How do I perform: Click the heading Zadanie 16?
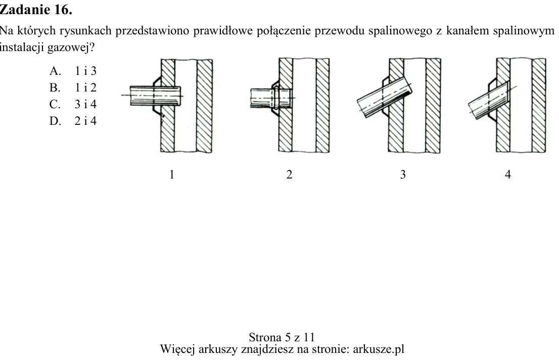click(x=36, y=9)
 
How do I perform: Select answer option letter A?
click(x=55, y=71)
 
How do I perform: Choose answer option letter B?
click(x=55, y=88)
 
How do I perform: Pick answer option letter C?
click(x=55, y=104)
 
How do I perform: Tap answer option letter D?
click(x=55, y=121)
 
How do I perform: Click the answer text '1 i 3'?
click(x=85, y=71)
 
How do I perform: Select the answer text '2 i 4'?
click(x=85, y=121)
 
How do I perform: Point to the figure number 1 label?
click(x=172, y=174)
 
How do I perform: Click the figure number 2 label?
click(x=289, y=174)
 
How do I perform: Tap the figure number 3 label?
click(x=403, y=174)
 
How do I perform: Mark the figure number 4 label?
click(x=508, y=174)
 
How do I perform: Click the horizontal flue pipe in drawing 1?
click(x=155, y=96)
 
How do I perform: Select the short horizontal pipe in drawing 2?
click(x=271, y=98)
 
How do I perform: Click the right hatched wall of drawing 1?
click(x=205, y=106)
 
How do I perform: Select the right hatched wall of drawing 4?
click(x=539, y=106)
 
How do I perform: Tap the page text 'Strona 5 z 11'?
click(x=282, y=337)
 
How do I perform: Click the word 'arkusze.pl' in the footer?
click(x=379, y=349)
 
